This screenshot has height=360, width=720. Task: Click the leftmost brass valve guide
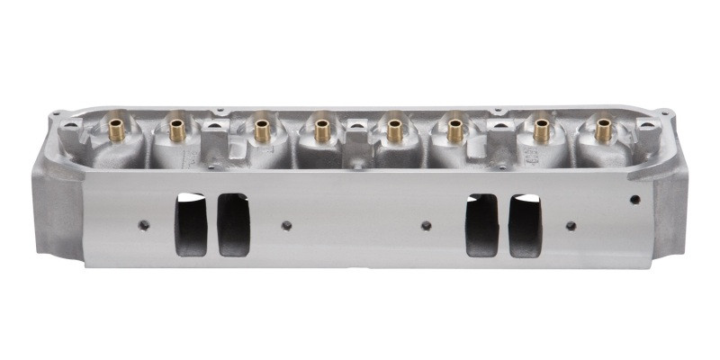[116, 131]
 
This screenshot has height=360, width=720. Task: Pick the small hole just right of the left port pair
[286, 225]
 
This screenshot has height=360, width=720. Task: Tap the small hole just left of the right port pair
[427, 225]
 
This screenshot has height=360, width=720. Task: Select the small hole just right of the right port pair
[571, 225]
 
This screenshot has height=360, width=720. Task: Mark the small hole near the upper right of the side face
[635, 200]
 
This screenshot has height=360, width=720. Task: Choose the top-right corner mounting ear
[664, 114]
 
